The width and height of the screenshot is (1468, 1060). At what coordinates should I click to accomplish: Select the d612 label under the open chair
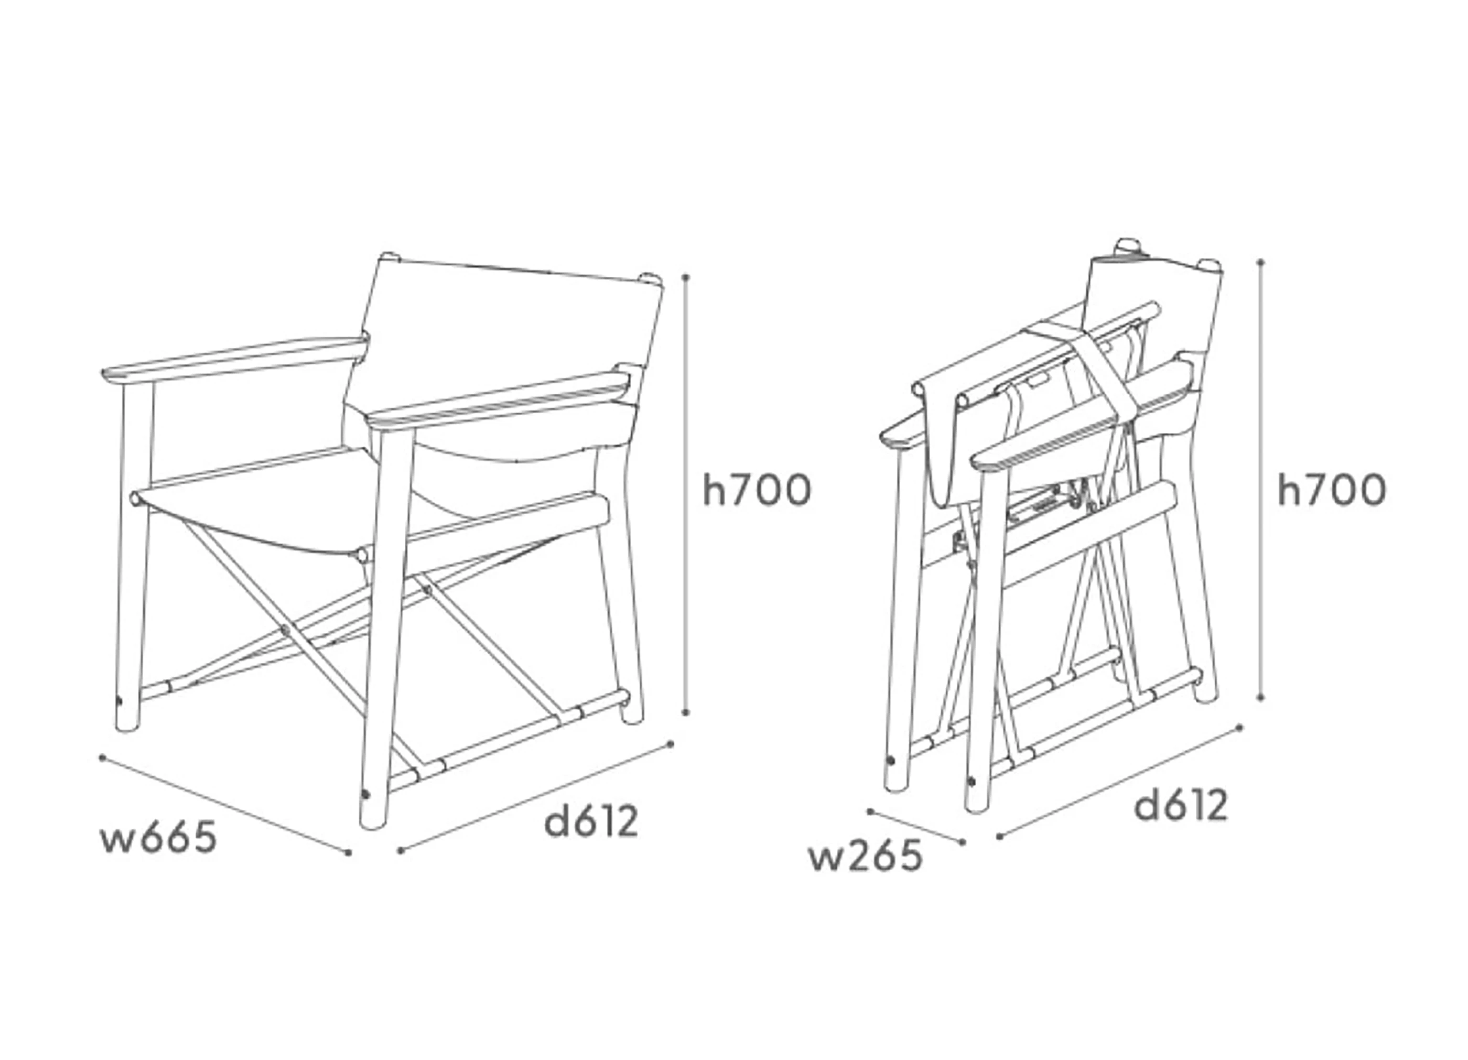(591, 821)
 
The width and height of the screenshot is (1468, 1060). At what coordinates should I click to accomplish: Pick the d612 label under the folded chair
(1181, 806)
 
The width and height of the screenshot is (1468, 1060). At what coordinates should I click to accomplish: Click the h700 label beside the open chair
(757, 490)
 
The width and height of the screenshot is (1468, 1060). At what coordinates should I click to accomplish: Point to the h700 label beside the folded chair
(1332, 490)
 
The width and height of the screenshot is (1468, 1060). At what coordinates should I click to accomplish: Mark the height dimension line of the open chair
(686, 494)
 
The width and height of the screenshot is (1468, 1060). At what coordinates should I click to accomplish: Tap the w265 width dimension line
(916, 826)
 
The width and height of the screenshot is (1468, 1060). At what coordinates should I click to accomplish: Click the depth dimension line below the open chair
(535, 797)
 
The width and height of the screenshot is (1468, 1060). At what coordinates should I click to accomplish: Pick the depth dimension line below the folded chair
(1120, 782)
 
